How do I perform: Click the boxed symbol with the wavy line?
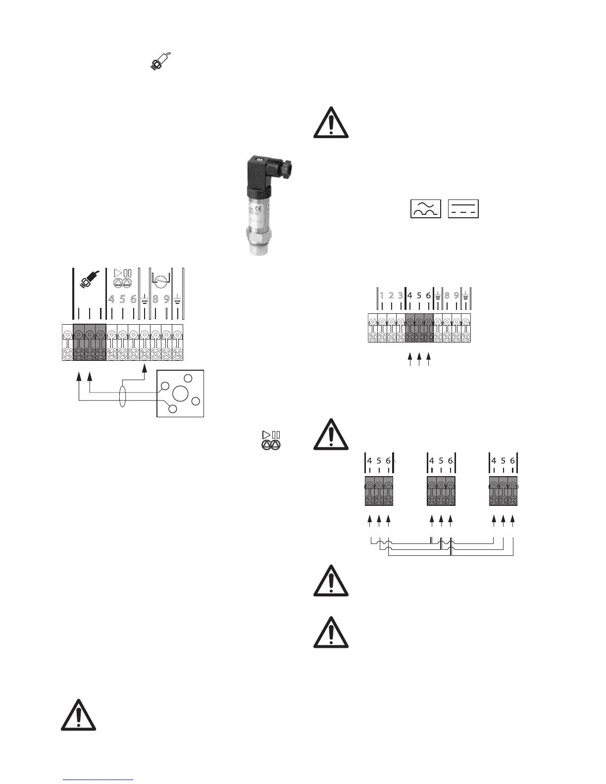coord(425,209)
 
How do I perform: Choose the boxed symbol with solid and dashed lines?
coord(463,209)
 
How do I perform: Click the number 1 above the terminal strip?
coord(382,295)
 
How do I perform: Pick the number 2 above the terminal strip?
coord(391,295)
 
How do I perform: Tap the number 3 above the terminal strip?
coord(400,295)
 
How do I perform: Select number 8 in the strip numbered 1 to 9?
coord(447,295)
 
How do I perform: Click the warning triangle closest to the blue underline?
coord(78,716)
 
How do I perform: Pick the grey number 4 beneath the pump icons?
coord(111,299)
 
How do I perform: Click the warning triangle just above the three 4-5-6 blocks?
coord(331,435)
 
